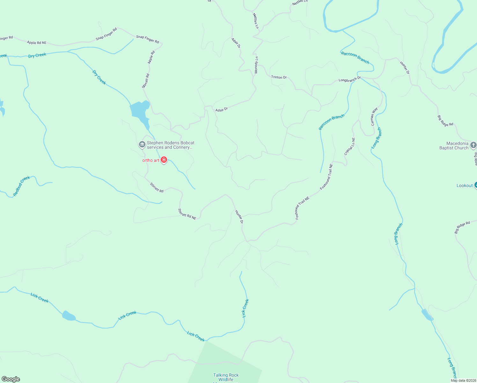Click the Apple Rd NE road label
(37, 42)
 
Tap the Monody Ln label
(256, 65)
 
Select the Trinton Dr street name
(279, 77)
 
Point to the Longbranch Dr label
(349, 79)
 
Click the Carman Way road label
(374, 116)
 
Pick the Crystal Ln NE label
(349, 146)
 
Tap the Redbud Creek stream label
(21, 186)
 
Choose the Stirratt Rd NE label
(187, 214)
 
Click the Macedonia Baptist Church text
(454, 146)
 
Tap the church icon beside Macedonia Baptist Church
(473, 145)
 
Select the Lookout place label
(464, 185)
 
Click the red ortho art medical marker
(164, 160)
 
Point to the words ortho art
(150, 160)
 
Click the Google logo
(11, 379)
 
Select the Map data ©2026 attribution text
(463, 380)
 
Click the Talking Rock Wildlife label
(226, 377)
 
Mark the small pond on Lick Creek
(69, 316)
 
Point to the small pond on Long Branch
(427, 315)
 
